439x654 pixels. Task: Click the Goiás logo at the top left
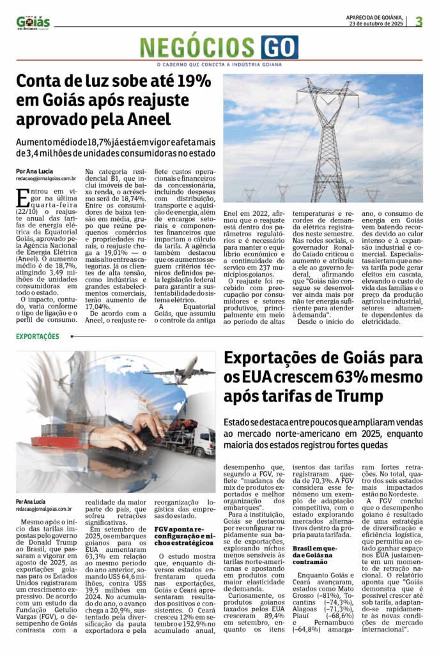[x=33, y=22]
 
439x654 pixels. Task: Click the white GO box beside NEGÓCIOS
[x=279, y=48]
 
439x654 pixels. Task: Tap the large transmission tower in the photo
[x=328, y=134]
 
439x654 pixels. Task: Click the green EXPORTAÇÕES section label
[x=38, y=336]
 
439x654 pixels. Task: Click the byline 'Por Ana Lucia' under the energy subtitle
[x=35, y=171]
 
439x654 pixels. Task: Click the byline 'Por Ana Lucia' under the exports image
[x=35, y=501]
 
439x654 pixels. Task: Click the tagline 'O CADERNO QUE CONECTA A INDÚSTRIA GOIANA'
[x=219, y=65]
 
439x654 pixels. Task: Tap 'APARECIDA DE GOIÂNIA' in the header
[x=374, y=17]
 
